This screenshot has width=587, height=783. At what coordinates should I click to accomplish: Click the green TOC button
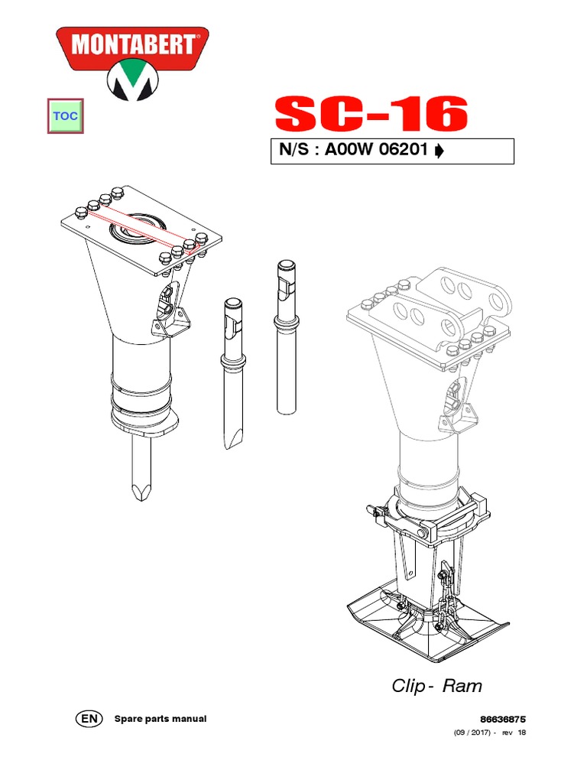coord(66,116)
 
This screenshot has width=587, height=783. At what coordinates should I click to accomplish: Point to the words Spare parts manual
coord(160,719)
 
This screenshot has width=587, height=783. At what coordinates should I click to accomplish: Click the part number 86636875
coord(503,720)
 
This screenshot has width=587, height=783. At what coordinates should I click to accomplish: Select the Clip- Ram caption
coord(436,686)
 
